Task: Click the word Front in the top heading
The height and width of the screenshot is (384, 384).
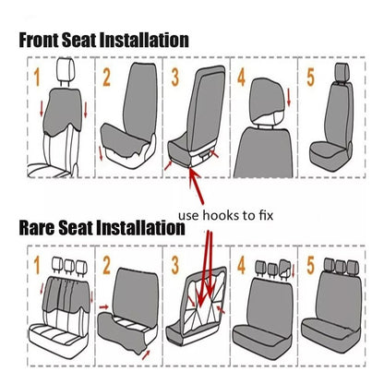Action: [x=39, y=41]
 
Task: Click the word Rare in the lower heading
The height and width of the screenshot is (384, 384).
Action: [x=37, y=228]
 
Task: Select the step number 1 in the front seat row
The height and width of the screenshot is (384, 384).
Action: [x=37, y=78]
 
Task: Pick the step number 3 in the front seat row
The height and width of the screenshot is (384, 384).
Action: [x=175, y=78]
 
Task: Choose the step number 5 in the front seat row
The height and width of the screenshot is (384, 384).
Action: [x=311, y=78]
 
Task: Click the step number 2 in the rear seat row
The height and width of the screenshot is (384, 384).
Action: [x=106, y=265]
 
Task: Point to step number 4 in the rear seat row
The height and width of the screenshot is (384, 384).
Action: [x=242, y=265]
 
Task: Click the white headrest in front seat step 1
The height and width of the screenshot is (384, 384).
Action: [x=66, y=69]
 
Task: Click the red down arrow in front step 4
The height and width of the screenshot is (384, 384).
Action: [x=288, y=98]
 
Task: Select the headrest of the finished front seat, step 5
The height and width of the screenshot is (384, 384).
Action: [x=342, y=72]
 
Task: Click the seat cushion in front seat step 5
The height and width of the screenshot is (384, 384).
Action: [x=330, y=156]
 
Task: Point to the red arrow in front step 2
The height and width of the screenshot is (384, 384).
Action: [x=101, y=153]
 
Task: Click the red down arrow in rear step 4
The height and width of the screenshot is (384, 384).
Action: [x=294, y=270]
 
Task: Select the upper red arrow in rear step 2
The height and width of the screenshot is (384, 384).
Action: [x=104, y=306]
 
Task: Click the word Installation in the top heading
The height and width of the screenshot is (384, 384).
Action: [x=145, y=41]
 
